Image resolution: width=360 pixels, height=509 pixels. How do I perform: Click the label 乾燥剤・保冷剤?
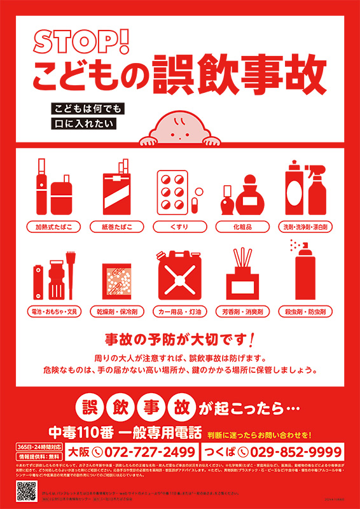click(x=116, y=312)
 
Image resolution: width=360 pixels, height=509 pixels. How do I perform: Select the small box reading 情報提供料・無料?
click(x=39, y=457)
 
